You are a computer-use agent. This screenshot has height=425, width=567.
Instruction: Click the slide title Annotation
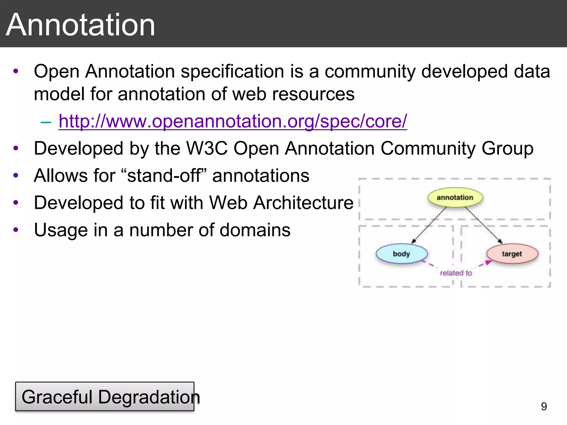click(80, 25)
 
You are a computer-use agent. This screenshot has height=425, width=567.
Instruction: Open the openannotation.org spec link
click(233, 121)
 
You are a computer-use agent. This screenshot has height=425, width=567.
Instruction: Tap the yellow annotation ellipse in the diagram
click(455, 198)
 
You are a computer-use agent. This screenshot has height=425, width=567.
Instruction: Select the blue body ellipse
click(401, 254)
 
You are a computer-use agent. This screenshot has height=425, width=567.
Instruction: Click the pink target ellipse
click(512, 254)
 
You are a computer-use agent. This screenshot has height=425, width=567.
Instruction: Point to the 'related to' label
click(456, 273)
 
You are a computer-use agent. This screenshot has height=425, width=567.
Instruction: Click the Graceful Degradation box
click(105, 396)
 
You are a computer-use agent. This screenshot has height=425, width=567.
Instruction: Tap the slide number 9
click(544, 406)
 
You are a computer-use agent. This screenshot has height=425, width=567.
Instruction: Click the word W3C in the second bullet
click(207, 149)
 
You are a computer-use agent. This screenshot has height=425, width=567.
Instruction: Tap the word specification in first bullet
click(232, 71)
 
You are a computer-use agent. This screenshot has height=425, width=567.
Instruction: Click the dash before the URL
click(46, 122)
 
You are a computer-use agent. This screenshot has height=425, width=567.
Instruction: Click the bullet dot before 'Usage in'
click(16, 230)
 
